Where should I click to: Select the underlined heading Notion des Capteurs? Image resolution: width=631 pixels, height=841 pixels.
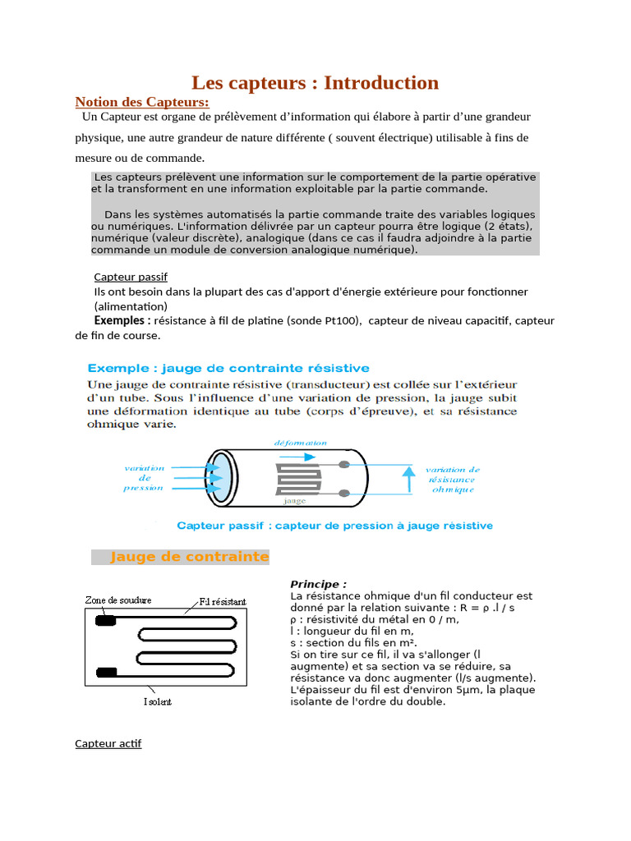[x=142, y=102]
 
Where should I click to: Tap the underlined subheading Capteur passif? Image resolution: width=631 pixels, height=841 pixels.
[x=131, y=277]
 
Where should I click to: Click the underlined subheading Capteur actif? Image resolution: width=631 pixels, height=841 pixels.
[x=108, y=743]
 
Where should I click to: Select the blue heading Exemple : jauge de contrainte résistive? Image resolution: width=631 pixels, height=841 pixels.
[x=228, y=368]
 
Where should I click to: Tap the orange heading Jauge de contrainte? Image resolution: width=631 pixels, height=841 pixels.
[x=189, y=557]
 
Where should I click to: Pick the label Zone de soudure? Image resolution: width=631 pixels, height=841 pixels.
[x=117, y=600]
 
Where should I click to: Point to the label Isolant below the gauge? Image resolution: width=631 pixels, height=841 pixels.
[x=158, y=702]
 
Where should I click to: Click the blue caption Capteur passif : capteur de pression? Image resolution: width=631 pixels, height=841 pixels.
[x=334, y=526]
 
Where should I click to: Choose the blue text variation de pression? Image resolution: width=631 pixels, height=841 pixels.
[x=144, y=478]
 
